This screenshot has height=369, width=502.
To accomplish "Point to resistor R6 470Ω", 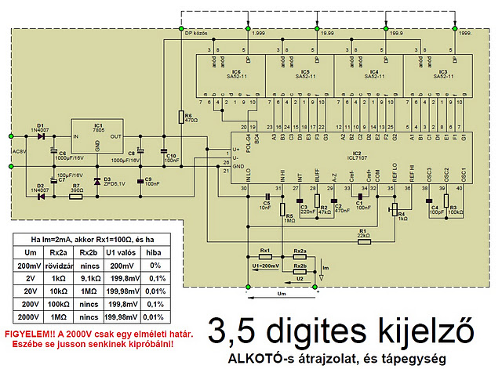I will click(180, 118).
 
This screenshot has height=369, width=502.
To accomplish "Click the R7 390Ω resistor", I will click(76, 196).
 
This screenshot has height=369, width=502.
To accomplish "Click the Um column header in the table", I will click(31, 252).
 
